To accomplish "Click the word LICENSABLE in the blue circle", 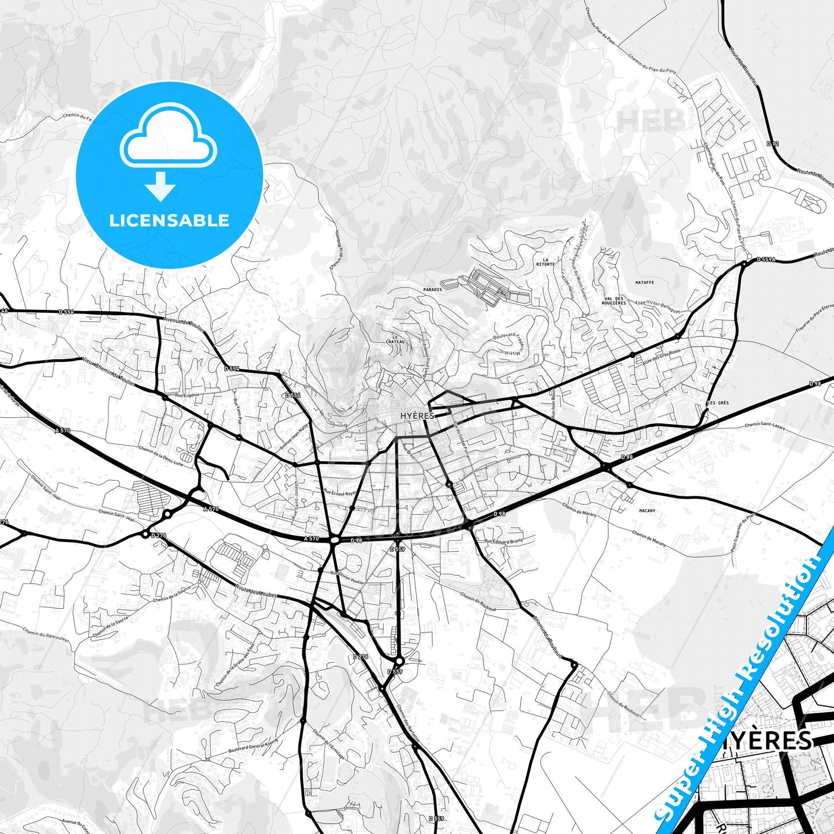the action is point(169,220).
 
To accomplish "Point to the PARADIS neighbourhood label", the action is point(432,290).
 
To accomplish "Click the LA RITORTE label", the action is point(545,261).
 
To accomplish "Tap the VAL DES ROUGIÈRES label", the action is point(614,301).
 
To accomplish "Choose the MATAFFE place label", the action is point(645,283).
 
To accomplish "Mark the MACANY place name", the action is point(647,511).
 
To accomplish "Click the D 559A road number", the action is point(765,260).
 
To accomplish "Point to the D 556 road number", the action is point(293,395).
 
